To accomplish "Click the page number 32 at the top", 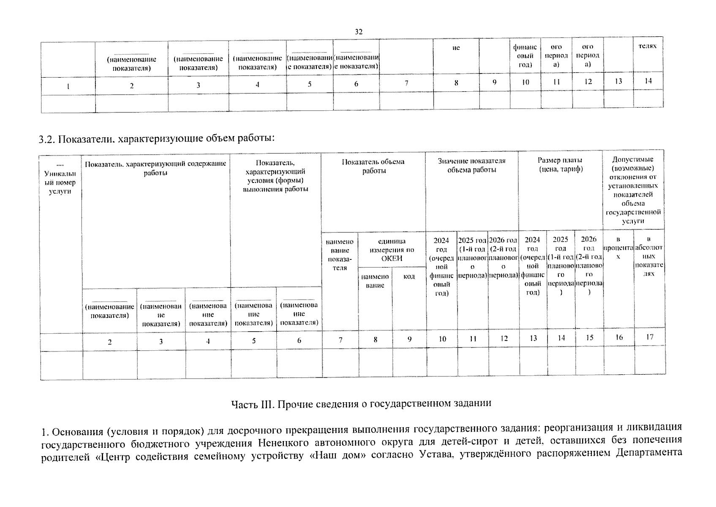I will tap(359, 32).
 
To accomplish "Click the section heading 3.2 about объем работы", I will tap(157, 139).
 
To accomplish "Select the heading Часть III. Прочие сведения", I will tap(361, 403).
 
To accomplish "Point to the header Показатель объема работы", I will tap(373, 166).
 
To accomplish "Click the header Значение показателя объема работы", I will tap(471, 165).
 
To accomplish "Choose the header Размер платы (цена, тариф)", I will tap(560, 164).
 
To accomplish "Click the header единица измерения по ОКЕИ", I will tap(392, 250).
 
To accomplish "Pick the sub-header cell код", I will tap(409, 276).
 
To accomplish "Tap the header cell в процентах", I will tap(618, 248).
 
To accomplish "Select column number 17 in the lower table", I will tap(650, 337).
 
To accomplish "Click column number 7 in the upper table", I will tap(406, 83).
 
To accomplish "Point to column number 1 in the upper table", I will tap(68, 86).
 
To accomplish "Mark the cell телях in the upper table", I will tap(648, 46).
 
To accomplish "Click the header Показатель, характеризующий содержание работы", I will tap(155, 168).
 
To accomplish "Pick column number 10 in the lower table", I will tap(442, 338).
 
